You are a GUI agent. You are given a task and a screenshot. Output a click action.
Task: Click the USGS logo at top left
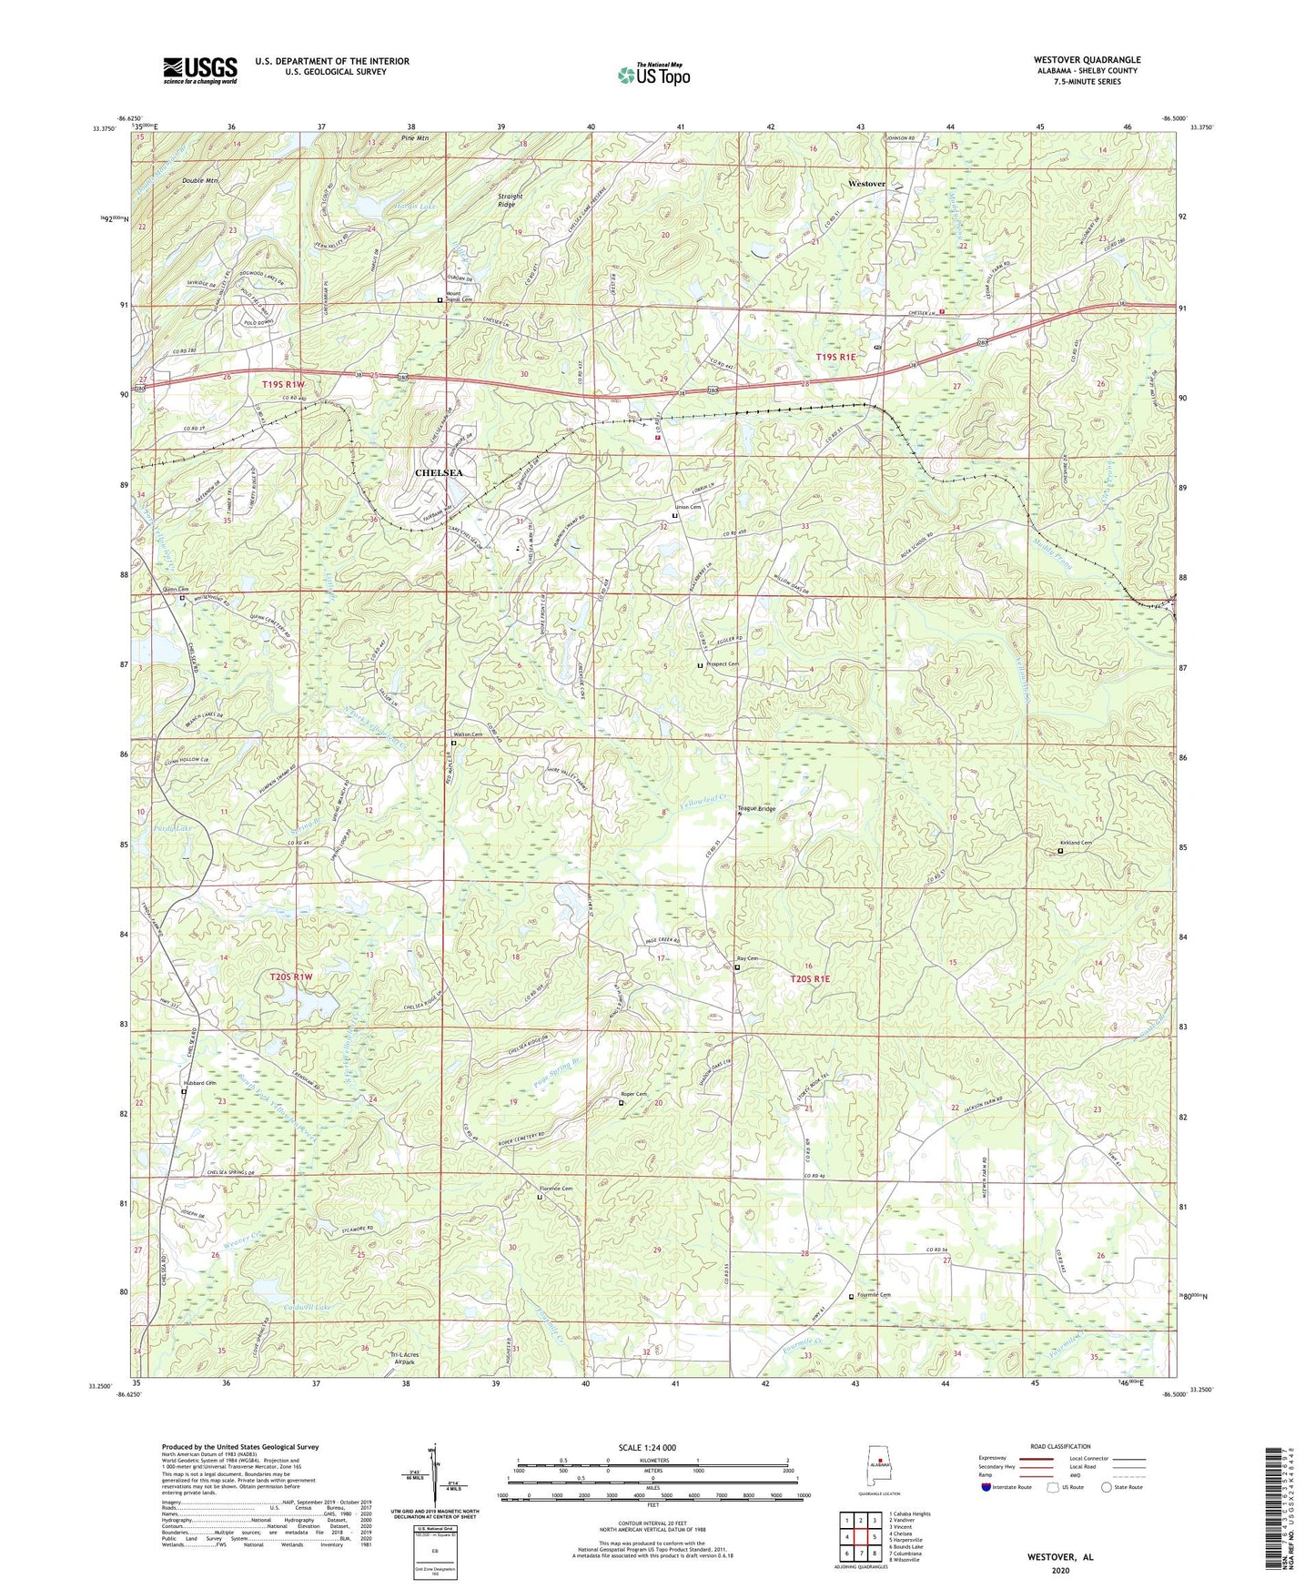coord(199,70)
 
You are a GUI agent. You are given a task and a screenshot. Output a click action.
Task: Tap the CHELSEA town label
coord(439,473)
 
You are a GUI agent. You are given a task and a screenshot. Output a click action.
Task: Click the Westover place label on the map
coord(865,184)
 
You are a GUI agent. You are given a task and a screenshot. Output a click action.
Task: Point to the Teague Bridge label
coord(761,808)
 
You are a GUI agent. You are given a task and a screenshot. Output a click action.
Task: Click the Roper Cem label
coord(633,1094)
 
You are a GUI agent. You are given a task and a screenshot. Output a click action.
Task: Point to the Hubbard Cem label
coord(199,1083)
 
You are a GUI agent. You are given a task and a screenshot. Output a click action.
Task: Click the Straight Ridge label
coord(511,200)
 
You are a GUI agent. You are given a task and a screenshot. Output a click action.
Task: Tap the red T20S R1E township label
coord(810,978)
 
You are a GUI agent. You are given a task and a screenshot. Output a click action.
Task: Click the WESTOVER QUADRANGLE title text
coord(1087,60)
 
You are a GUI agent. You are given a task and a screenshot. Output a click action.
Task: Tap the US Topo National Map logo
coord(653,74)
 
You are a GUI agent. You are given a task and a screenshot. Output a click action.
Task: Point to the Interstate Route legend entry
coord(1006,1487)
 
